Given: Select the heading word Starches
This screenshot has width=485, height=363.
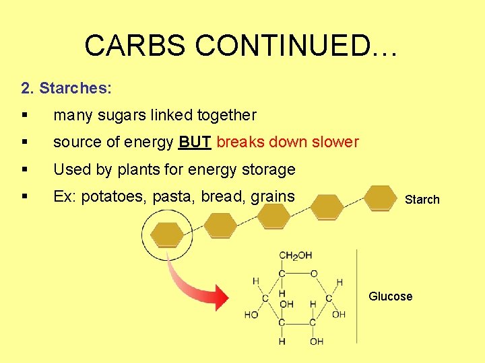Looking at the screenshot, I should (75, 88).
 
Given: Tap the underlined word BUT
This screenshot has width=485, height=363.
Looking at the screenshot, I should (195, 143).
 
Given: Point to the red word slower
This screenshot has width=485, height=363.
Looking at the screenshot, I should (331, 143).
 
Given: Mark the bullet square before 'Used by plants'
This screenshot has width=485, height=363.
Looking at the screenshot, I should (24, 169).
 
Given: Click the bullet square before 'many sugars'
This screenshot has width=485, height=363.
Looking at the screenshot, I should (24, 115).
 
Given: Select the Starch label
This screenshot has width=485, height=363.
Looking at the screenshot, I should (422, 200).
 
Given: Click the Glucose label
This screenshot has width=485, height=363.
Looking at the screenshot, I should (390, 296).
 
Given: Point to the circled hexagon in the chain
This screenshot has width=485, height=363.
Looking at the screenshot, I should (166, 235).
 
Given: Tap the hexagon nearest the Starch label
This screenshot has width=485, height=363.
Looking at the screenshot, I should (380, 198).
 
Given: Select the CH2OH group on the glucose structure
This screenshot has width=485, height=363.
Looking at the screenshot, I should (295, 255).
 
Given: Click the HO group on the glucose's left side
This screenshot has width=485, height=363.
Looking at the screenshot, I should (251, 315).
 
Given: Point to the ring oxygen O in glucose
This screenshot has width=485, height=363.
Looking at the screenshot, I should (313, 274).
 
